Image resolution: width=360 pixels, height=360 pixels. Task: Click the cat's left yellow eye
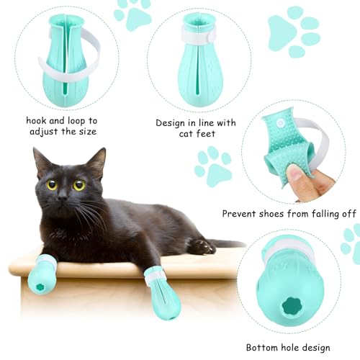pos(52,184)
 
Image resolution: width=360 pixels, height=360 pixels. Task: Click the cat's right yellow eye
pos(78,184)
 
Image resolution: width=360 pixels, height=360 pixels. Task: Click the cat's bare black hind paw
pos(202,246)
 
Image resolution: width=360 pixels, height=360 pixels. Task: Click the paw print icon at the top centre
pos(132,14)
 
